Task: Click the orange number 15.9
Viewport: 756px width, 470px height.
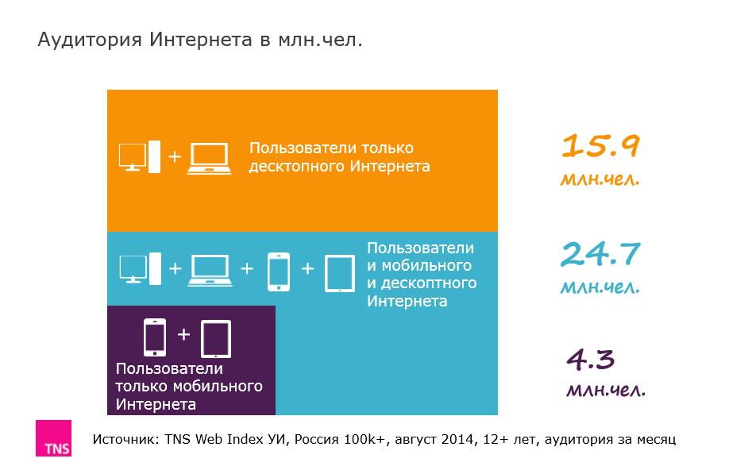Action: click(600, 146)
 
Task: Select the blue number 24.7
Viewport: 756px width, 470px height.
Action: click(600, 254)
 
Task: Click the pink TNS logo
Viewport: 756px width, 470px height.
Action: click(53, 438)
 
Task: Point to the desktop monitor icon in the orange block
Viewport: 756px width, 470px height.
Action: click(133, 156)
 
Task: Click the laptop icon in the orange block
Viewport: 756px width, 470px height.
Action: click(209, 158)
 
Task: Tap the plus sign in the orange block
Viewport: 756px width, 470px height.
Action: click(175, 156)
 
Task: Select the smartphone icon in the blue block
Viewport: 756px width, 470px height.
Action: click(278, 271)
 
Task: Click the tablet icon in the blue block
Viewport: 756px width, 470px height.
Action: click(340, 272)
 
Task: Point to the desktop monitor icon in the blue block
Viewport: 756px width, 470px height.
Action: click(133, 268)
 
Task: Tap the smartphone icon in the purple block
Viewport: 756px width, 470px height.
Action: click(155, 337)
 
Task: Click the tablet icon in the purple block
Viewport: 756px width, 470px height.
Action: click(216, 339)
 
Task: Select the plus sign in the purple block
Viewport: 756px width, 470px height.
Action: click(184, 334)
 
